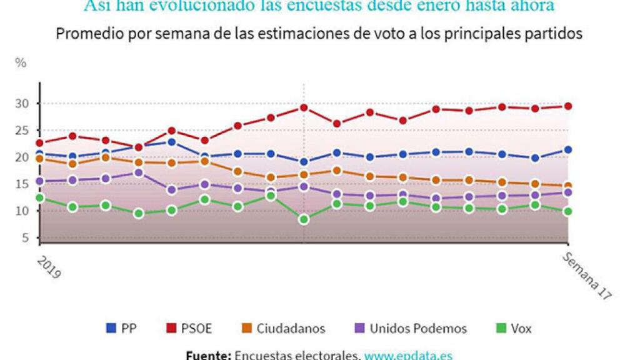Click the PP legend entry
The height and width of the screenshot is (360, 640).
pyautogui.click(x=122, y=328)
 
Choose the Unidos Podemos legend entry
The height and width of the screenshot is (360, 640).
pyautogui.click(x=409, y=328)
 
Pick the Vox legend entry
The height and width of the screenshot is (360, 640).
pyautogui.click(x=512, y=328)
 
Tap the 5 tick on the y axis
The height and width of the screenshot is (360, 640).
pyautogui.click(x=26, y=237)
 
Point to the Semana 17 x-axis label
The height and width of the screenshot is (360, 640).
pyautogui.click(x=586, y=277)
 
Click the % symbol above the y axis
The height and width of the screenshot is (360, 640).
pyautogui.click(x=21, y=62)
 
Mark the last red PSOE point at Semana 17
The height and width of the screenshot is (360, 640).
pyautogui.click(x=568, y=106)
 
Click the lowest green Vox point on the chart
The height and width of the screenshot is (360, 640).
pyautogui.click(x=304, y=219)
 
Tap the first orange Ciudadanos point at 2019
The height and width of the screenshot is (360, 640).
pyautogui.click(x=39, y=159)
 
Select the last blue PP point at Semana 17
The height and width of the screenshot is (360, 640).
pyautogui.click(x=568, y=150)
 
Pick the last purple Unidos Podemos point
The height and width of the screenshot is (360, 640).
pyautogui.click(x=568, y=192)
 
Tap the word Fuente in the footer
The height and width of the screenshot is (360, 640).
pyautogui.click(x=209, y=355)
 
